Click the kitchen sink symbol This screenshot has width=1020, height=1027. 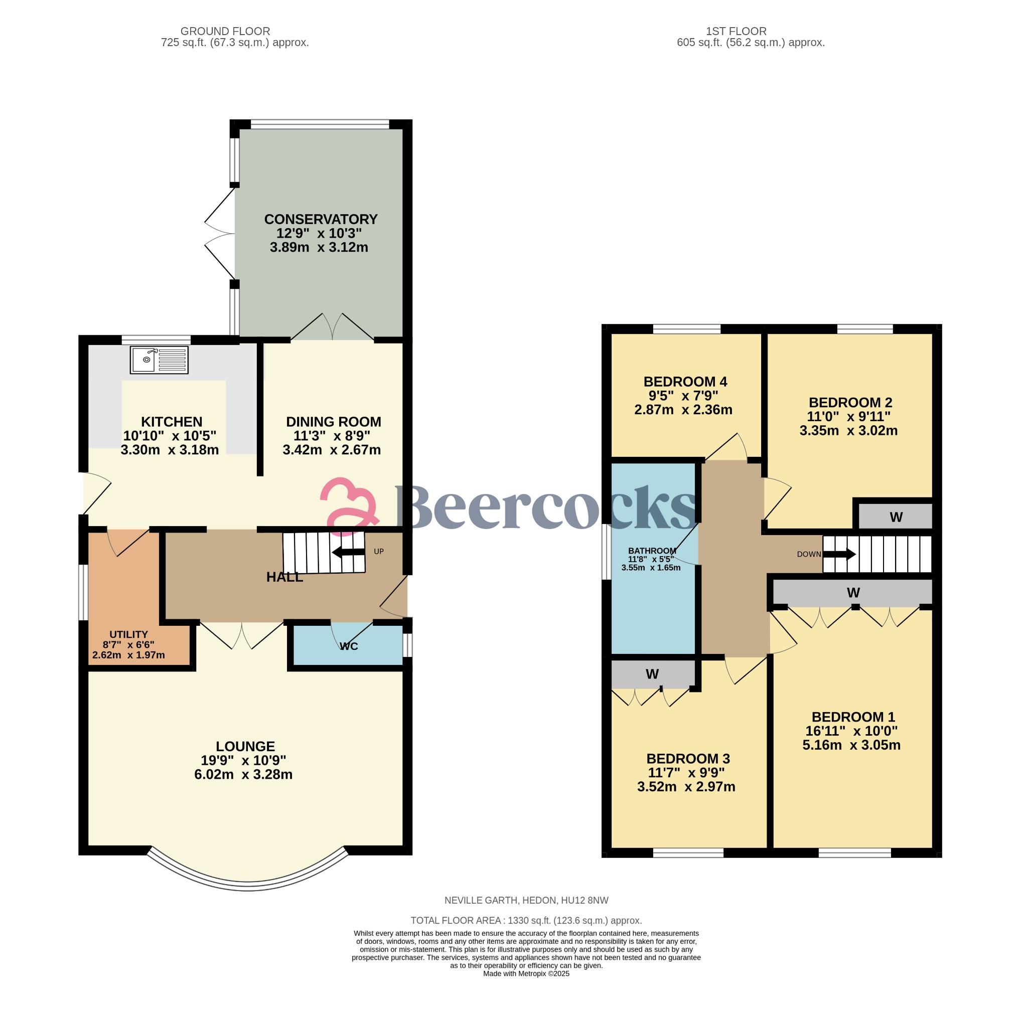pyautogui.click(x=159, y=360)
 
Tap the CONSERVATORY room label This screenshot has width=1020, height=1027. pyautogui.click(x=320, y=219)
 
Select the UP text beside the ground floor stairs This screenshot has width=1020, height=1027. pyautogui.click(x=378, y=551)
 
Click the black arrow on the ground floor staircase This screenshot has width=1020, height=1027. pyautogui.click(x=348, y=552)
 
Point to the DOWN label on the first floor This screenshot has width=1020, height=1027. pyautogui.click(x=808, y=554)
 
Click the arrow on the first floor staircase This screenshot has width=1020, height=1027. pyautogui.click(x=839, y=555)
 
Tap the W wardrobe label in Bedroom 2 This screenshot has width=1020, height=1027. pyautogui.click(x=896, y=517)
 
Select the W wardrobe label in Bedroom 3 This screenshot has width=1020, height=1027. pyautogui.click(x=652, y=674)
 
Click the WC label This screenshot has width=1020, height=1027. pyautogui.click(x=349, y=646)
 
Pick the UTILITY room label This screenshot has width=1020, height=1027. pyautogui.click(x=128, y=634)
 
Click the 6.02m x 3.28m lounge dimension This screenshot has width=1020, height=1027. pyautogui.click(x=243, y=774)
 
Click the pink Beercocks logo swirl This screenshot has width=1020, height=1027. pyautogui.click(x=349, y=505)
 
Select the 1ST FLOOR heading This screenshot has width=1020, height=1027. pyautogui.click(x=736, y=32)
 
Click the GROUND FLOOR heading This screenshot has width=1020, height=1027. pyautogui.click(x=225, y=32)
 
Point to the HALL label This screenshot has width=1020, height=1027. pyautogui.click(x=284, y=577)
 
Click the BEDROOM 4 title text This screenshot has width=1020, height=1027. pyautogui.click(x=684, y=382)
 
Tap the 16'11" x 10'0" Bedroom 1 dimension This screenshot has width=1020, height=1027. pyautogui.click(x=851, y=731)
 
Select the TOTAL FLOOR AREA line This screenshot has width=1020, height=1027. pyautogui.click(x=525, y=920)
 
